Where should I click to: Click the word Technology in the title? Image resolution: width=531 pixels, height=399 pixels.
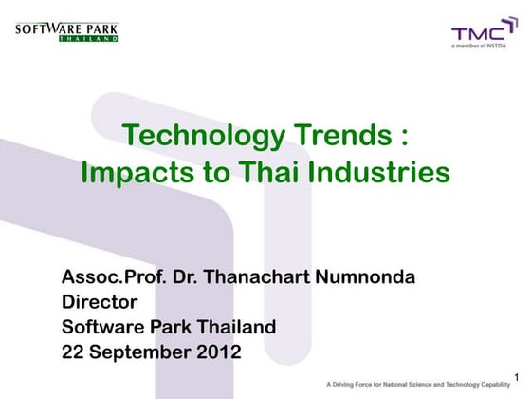pos(202,137)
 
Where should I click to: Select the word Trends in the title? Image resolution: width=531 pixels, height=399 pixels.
pos(339,137)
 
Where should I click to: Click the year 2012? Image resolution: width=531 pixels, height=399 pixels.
pos(213,351)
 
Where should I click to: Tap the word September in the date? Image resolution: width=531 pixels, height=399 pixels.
pos(136,351)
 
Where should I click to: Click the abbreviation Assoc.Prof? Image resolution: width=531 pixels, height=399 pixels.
pos(106,278)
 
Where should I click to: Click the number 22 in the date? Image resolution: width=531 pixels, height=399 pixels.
pos(73,351)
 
